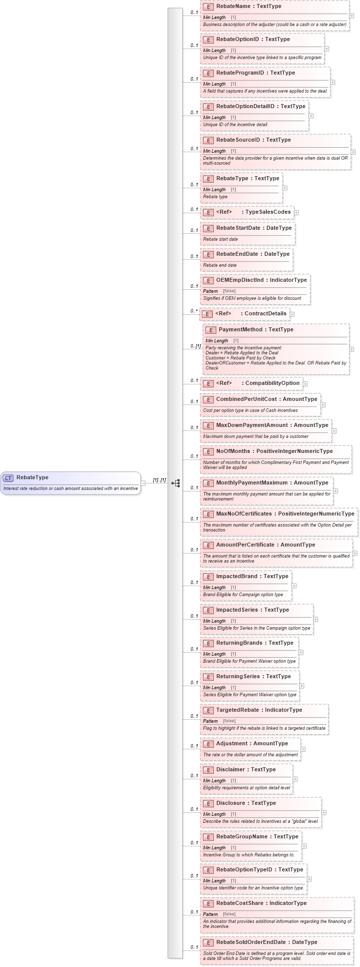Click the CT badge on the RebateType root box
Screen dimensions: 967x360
click(x=9, y=478)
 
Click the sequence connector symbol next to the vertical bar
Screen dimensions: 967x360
click(x=176, y=483)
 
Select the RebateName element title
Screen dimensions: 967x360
click(x=248, y=7)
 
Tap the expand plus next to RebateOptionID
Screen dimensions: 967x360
click(x=326, y=49)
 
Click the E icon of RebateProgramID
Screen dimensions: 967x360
click(x=208, y=73)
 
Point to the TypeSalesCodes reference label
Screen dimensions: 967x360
click(x=267, y=212)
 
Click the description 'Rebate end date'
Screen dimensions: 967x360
click(x=220, y=265)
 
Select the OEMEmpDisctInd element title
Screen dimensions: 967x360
click(x=261, y=280)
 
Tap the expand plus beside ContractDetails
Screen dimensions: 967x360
click(x=292, y=314)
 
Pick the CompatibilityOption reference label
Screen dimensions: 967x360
click(x=272, y=383)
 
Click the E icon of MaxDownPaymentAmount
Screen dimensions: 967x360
click(x=208, y=426)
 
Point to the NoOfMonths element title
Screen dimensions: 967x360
click(x=274, y=451)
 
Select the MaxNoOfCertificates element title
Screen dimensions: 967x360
click(x=284, y=514)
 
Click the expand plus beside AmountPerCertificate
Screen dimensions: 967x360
click(x=354, y=553)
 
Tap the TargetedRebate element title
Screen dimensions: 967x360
click(x=259, y=710)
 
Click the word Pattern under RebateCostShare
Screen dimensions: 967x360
click(x=210, y=914)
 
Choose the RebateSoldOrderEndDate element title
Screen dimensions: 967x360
click(x=266, y=942)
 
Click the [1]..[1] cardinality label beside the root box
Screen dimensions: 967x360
click(x=159, y=480)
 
